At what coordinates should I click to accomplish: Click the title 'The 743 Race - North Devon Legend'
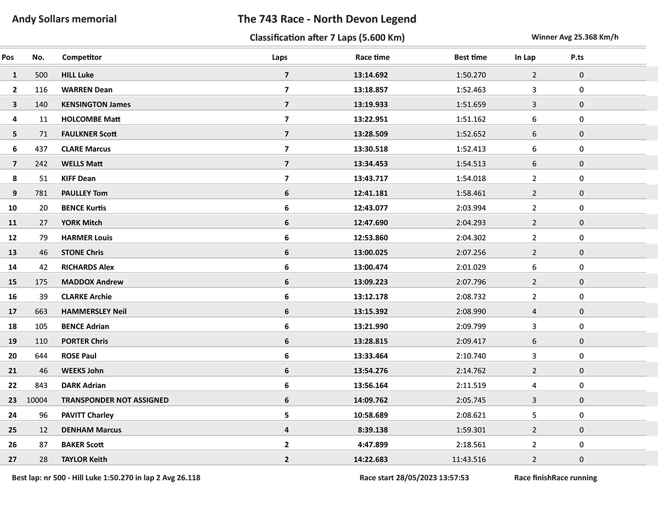(x=327, y=19)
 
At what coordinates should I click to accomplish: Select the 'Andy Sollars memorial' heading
(x=64, y=19)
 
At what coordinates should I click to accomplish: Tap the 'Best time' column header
(x=470, y=57)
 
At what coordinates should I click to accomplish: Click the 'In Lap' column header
(x=525, y=57)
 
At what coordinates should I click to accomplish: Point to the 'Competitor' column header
(x=82, y=57)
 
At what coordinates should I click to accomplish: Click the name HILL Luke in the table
(x=77, y=75)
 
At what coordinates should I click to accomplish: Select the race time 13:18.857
(x=370, y=90)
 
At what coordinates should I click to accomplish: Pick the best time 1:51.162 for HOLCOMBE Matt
(x=470, y=119)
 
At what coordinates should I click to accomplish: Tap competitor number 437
(x=41, y=149)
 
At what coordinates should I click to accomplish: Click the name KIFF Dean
(x=78, y=179)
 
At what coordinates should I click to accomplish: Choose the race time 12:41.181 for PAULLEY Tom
(x=370, y=193)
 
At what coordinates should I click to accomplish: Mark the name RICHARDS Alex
(x=88, y=267)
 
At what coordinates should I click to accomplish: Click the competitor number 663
(x=41, y=312)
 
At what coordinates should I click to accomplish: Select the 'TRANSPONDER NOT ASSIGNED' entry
(x=115, y=401)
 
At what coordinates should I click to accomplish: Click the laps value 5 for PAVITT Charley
(x=286, y=415)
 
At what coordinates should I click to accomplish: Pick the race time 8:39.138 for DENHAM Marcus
(x=372, y=430)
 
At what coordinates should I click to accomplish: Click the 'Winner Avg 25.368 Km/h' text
(x=575, y=37)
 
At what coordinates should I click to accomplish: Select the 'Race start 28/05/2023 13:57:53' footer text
(x=414, y=478)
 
